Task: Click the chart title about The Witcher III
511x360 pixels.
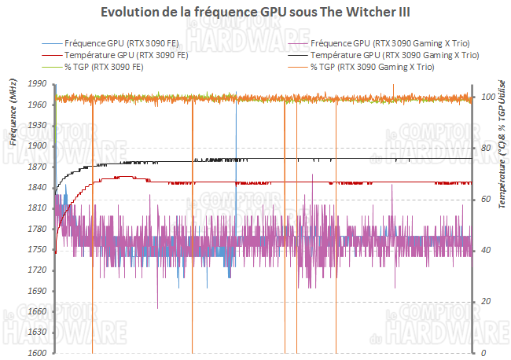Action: click(256, 13)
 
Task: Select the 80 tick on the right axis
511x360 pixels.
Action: click(485, 148)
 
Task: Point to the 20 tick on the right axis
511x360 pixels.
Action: click(485, 302)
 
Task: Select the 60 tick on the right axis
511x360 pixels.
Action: click(485, 199)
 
